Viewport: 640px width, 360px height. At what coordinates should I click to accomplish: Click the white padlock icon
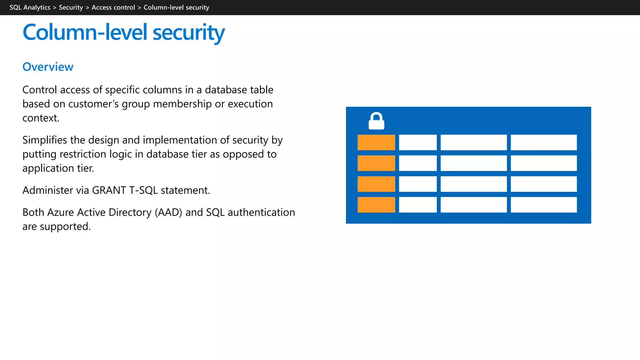[x=376, y=121]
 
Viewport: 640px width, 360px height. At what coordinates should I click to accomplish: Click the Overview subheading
[x=48, y=67]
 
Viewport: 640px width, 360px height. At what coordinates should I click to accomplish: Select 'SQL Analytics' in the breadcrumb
[x=30, y=7]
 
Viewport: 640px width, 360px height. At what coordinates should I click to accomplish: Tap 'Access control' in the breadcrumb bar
[x=113, y=7]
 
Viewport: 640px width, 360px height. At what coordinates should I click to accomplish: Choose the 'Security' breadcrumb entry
[x=71, y=7]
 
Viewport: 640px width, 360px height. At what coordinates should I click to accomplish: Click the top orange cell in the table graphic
[x=376, y=142]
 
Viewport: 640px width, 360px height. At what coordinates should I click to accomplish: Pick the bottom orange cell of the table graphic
[x=376, y=205]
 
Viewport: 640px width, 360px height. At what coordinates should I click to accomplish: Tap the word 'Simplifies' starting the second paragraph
[x=45, y=140]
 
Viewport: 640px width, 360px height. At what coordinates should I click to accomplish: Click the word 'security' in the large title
[x=188, y=32]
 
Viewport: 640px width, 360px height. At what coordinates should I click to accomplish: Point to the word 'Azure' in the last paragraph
[x=61, y=212]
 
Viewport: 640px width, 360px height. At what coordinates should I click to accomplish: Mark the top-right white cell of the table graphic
[x=543, y=142]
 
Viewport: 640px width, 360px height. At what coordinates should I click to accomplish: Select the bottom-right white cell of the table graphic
[x=543, y=205]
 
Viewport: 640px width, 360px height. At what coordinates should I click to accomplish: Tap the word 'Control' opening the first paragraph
[x=40, y=90]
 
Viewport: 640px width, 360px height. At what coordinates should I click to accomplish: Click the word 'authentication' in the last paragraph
[x=261, y=212]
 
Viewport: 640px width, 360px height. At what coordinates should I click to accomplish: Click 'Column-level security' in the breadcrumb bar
[x=176, y=7]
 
